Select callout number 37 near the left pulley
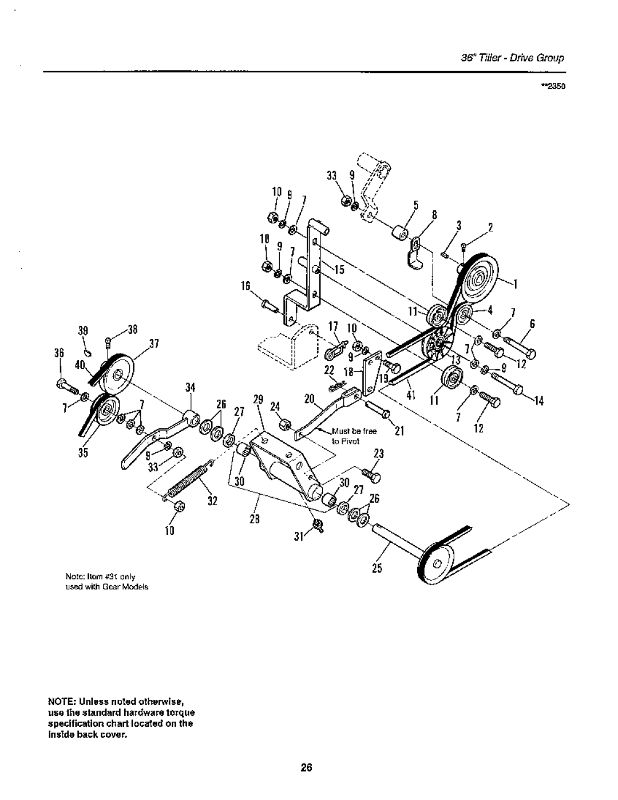[153, 344]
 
